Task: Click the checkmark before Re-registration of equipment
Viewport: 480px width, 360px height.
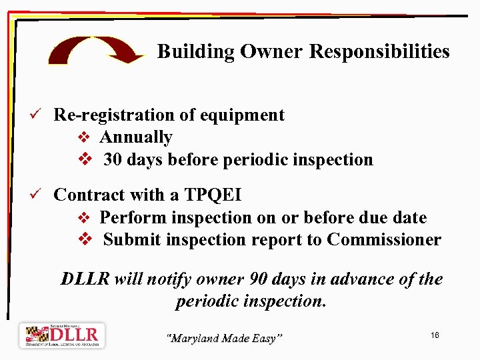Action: [x=41, y=115]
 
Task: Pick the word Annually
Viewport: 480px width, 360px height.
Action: [x=136, y=137]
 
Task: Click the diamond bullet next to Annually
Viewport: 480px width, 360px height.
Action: [x=84, y=138]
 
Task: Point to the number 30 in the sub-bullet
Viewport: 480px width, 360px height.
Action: [x=113, y=160]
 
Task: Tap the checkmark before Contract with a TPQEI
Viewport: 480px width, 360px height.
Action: [x=41, y=195]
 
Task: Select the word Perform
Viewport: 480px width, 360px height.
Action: [x=133, y=218]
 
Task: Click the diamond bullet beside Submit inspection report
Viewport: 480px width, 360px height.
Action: [x=85, y=240]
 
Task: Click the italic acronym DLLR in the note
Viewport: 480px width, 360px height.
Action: [x=85, y=279]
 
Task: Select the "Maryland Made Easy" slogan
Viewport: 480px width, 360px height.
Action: [x=224, y=339]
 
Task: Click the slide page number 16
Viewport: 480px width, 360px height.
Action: [x=435, y=335]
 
